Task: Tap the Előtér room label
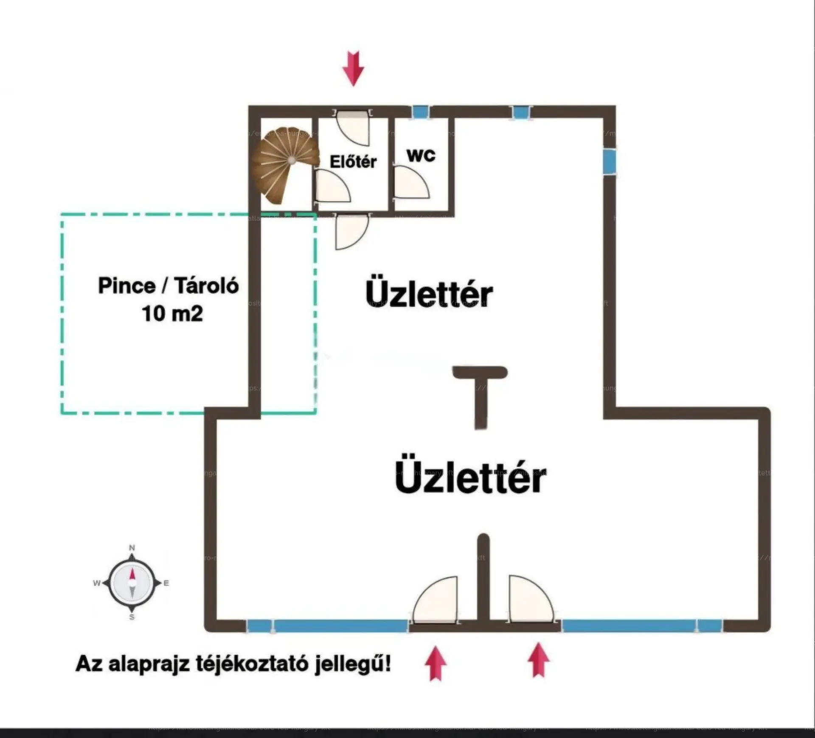(353, 162)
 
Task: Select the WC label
(421, 155)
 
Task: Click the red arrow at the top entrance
(353, 68)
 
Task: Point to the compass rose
(132, 583)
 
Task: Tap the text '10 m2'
(172, 314)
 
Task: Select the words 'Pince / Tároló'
(168, 286)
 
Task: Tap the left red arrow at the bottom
(436, 663)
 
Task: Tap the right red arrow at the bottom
(538, 660)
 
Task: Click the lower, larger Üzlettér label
(470, 479)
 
